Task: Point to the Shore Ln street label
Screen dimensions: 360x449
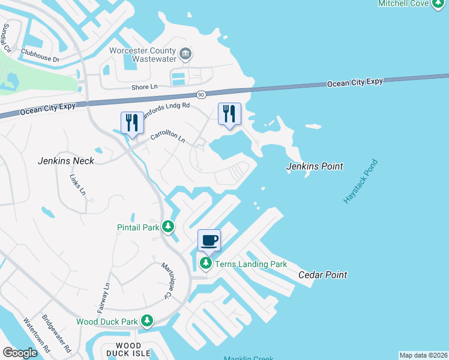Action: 144,86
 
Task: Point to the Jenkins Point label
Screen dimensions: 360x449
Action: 315,166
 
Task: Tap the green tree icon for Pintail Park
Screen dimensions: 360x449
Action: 169,227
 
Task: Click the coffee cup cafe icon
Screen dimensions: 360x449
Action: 209,241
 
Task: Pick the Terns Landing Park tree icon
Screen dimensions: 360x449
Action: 206,263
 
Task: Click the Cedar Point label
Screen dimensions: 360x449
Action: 322,275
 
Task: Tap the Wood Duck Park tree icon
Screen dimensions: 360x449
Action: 146,322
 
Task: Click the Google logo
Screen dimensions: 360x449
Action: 20,352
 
